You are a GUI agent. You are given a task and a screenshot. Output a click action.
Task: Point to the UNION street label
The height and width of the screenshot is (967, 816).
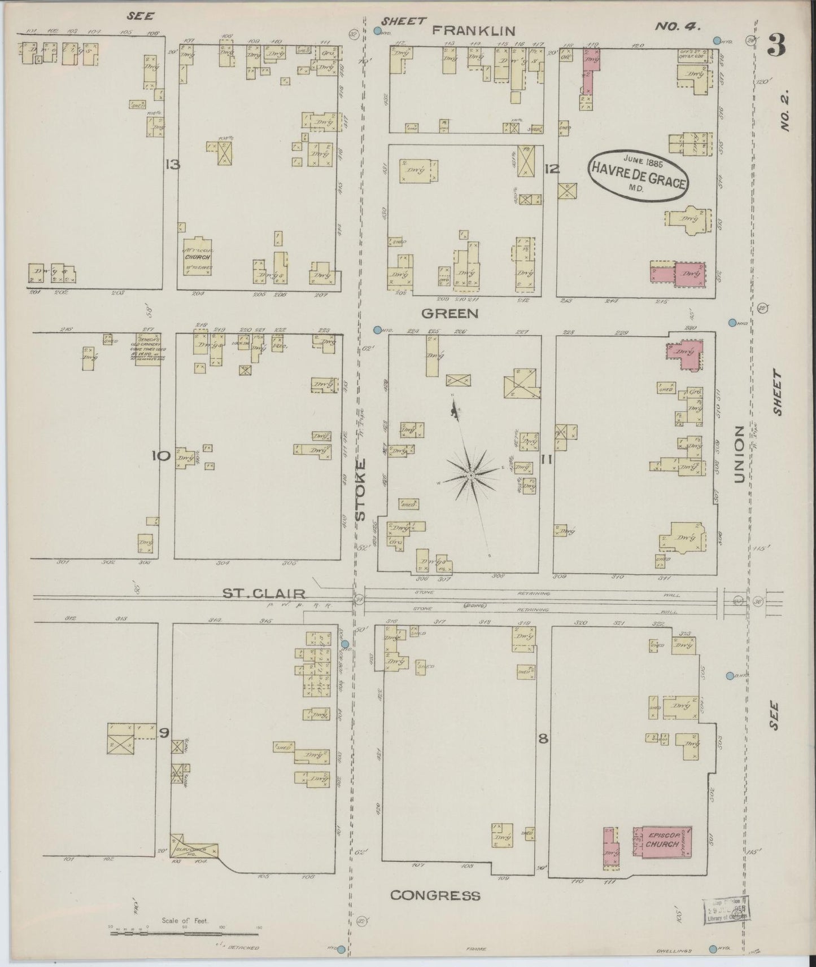click(740, 454)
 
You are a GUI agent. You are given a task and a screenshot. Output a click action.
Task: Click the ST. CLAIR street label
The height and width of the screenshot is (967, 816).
click(264, 594)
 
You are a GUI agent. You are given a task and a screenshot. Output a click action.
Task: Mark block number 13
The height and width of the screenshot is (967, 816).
click(172, 165)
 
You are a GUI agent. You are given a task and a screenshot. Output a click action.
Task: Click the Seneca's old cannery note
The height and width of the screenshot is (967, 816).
click(147, 350)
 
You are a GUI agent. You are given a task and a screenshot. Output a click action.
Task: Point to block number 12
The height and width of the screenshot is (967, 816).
click(552, 168)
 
